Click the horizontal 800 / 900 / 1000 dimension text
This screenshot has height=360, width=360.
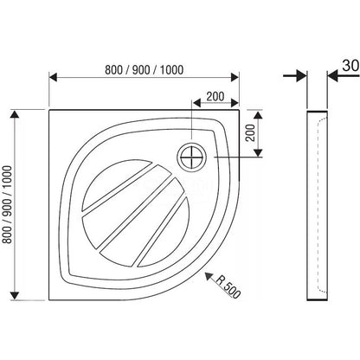click(x=144, y=70)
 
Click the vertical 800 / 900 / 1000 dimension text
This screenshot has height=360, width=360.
click(x=7, y=204)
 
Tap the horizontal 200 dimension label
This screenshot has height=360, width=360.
click(x=215, y=96)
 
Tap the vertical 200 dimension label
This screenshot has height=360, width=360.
click(x=251, y=132)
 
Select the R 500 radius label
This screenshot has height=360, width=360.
click(x=228, y=286)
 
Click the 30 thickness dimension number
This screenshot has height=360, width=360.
click(x=350, y=66)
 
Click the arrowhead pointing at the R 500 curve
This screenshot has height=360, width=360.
click(x=209, y=276)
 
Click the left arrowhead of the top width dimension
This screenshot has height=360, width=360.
click(x=54, y=77)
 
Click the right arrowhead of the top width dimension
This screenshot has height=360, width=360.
click(x=235, y=77)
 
